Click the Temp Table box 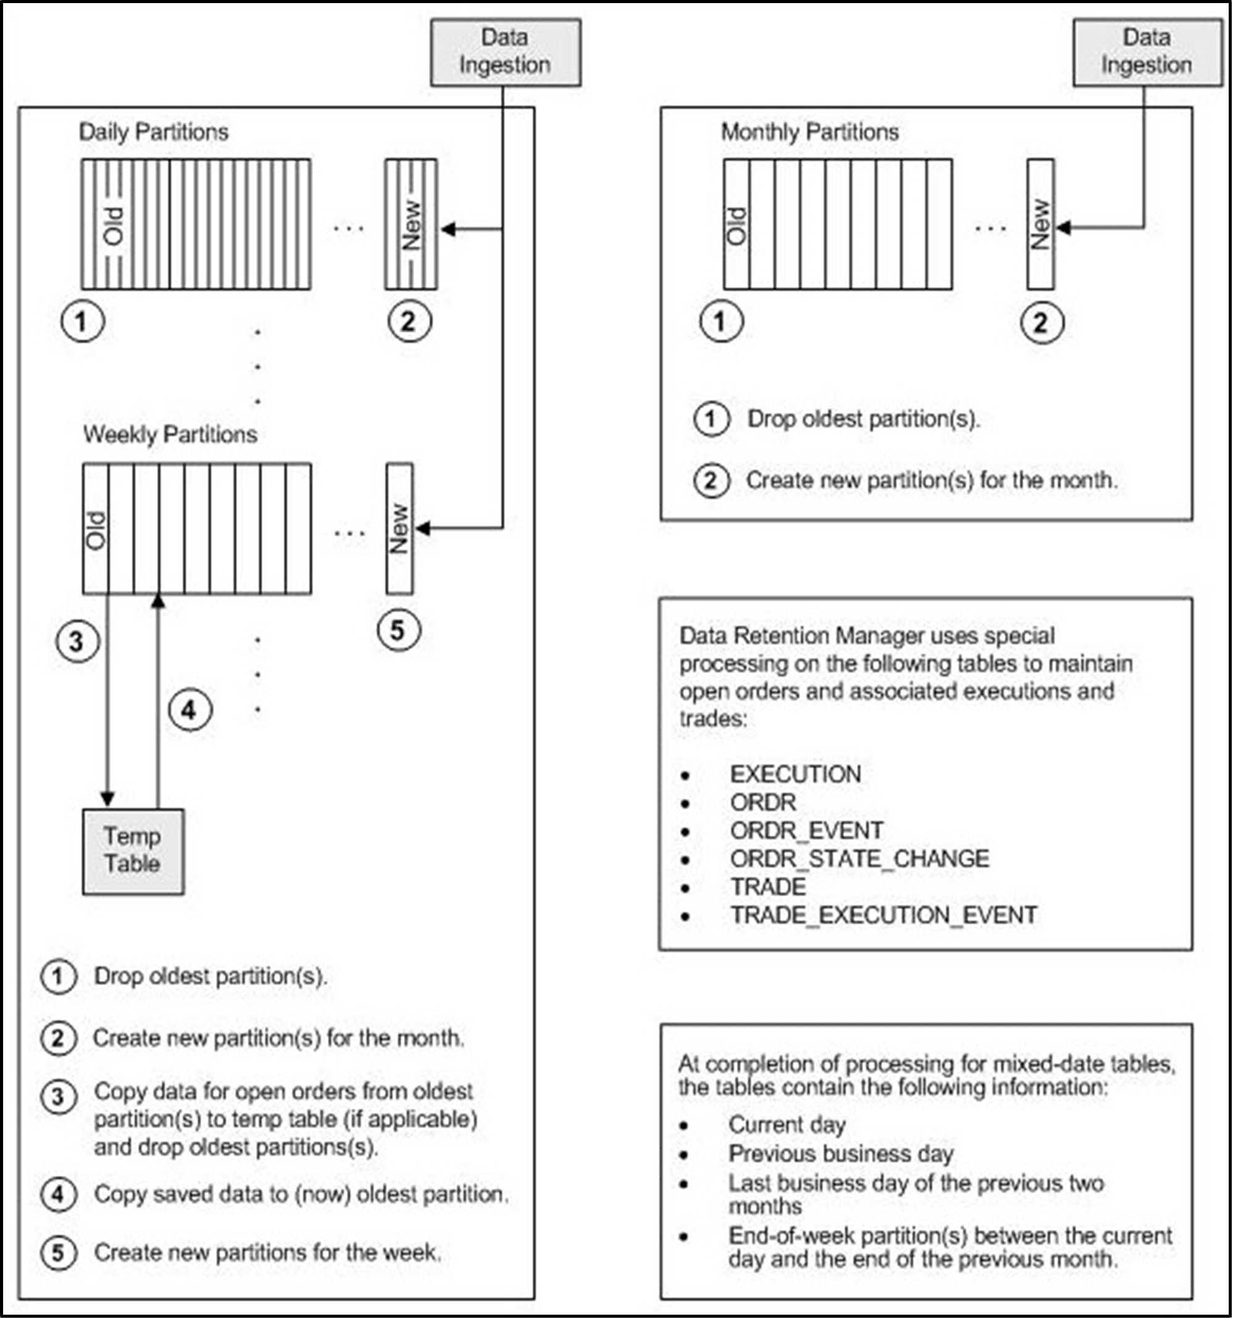(133, 851)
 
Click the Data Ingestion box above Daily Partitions (505, 52)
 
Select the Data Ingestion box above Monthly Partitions (1147, 52)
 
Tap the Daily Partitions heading (153, 132)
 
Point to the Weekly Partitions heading (170, 435)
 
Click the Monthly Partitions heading (809, 132)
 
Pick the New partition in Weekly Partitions (399, 528)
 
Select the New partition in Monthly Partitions (1040, 224)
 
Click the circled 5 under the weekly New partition (398, 630)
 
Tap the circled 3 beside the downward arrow (77, 641)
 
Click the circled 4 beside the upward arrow (190, 710)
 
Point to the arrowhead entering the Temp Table (107, 799)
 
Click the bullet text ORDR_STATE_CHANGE (859, 859)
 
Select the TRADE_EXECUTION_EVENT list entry (884, 915)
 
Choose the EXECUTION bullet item (795, 773)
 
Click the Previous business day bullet (840, 1153)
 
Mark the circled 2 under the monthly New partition (1041, 323)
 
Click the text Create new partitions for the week (267, 1252)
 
